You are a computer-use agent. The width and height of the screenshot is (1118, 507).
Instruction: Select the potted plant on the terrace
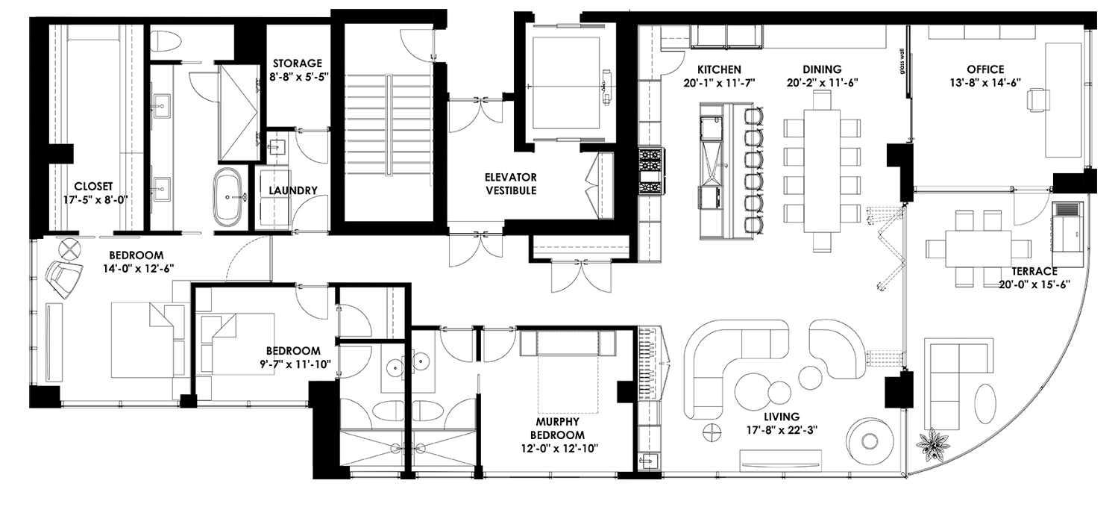pyautogui.click(x=932, y=445)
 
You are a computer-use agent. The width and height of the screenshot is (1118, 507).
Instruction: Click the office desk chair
pyautogui.click(x=1037, y=99)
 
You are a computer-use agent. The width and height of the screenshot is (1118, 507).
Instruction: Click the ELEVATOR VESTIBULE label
pyautogui.click(x=510, y=184)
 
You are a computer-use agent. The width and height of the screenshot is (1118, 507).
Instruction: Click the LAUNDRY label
pyautogui.click(x=293, y=190)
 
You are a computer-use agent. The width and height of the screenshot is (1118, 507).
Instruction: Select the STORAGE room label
pyautogui.click(x=297, y=63)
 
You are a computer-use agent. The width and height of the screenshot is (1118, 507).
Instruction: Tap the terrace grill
pyautogui.click(x=1069, y=223)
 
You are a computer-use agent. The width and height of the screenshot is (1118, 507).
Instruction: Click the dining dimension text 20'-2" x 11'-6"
pyautogui.click(x=822, y=83)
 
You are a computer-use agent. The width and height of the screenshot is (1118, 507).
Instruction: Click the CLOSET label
pyautogui.click(x=93, y=186)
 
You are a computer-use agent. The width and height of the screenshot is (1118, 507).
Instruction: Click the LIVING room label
pyautogui.click(x=781, y=417)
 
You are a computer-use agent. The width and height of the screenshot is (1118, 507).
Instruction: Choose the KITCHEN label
pyautogui.click(x=714, y=69)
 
